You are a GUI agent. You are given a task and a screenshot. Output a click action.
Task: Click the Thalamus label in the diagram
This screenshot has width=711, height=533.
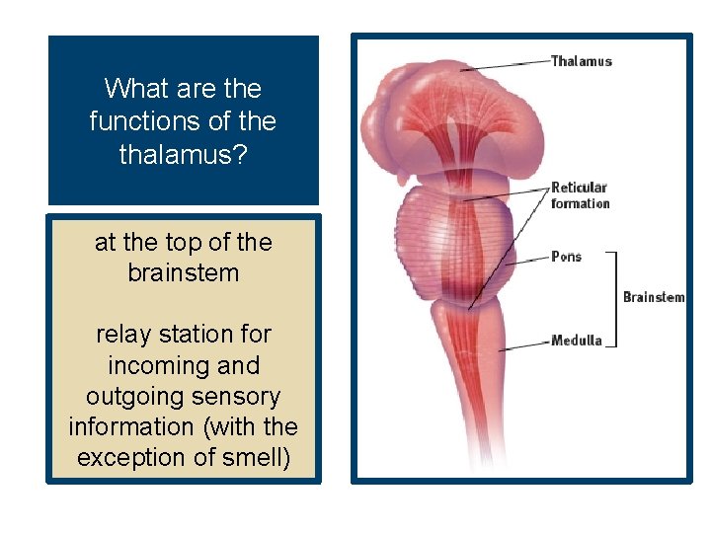coord(581,61)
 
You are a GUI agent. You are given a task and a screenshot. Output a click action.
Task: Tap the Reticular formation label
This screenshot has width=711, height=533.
coord(580,195)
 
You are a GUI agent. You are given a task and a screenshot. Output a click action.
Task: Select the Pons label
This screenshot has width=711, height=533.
coord(566,257)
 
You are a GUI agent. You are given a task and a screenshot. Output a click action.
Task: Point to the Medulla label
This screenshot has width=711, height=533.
coord(576,342)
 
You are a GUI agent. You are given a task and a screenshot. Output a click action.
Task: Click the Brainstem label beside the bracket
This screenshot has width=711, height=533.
coord(653,297)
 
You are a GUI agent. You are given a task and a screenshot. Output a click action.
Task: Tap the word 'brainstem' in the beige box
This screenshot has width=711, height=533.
coord(184,273)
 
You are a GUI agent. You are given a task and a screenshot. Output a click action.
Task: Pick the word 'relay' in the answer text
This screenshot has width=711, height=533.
coord(123,335)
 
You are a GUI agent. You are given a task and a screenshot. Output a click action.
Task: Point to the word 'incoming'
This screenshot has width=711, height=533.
coord(153,365)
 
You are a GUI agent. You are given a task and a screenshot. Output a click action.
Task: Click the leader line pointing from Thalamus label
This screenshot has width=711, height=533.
coord(504,65)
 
